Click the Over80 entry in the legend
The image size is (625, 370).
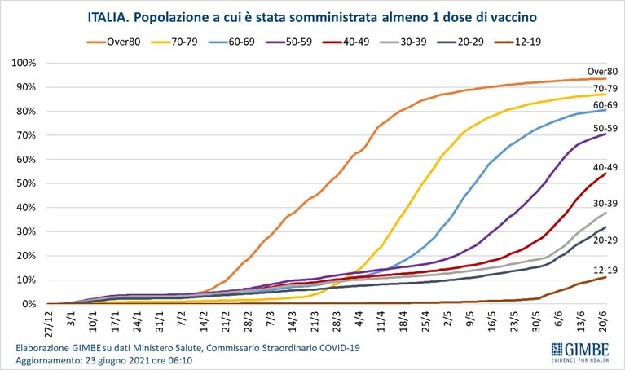tap(113, 42)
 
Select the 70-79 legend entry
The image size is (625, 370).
tap(174, 42)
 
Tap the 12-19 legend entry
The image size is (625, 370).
tap(517, 42)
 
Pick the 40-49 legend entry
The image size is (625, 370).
tap(346, 42)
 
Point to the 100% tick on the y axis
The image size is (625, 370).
tap(24, 63)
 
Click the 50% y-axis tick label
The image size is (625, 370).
tap(26, 183)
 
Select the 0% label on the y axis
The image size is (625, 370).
tap(29, 304)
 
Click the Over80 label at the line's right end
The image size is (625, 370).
tap(602, 72)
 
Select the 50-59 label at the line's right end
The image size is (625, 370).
tap(605, 129)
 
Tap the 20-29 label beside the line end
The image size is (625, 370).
tap(605, 240)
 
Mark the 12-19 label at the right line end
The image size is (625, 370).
tap(605, 270)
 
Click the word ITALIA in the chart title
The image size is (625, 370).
tap(108, 18)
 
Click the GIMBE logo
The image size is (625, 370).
tap(580, 352)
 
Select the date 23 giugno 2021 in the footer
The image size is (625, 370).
tap(118, 361)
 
